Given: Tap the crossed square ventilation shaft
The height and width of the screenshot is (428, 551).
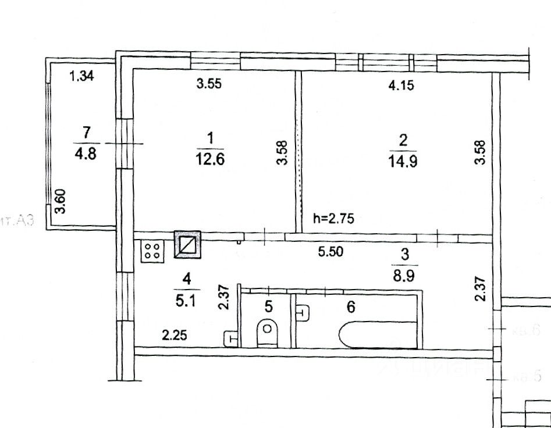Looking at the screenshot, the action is point(187,245).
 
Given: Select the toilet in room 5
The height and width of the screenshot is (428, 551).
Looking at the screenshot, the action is point(268,331).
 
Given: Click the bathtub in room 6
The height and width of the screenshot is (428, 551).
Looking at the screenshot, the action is point(377,335).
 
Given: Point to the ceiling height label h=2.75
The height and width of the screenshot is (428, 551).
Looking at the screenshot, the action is point(333,219).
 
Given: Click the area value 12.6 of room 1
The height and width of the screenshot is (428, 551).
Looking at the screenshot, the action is point(210,160).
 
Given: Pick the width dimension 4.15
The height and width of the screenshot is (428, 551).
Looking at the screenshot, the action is point(400,86).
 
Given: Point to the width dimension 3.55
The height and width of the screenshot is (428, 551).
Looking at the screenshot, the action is point(209,84).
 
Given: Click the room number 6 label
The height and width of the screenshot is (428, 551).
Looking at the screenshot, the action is point(351,306).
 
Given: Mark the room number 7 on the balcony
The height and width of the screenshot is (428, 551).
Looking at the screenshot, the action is point(87,131).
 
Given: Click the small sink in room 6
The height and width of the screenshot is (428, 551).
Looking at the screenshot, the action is point(303,313).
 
